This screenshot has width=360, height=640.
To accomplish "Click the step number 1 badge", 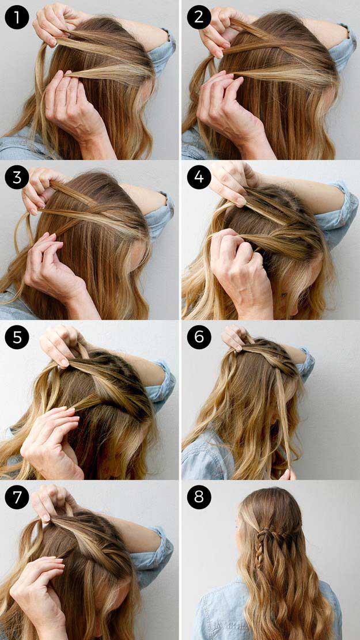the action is pos(17,17).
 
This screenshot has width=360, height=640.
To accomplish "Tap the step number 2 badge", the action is pos(199,17).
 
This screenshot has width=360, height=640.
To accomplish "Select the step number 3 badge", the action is pos(17,177).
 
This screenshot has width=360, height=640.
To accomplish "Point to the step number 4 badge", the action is pos(199,177).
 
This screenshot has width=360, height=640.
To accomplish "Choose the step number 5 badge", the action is pos(17,337).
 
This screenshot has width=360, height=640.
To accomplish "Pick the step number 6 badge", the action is pos(199,337).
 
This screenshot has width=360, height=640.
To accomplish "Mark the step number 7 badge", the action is pos(17,497).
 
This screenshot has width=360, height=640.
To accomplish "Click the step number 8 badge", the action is pos(199,497).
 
